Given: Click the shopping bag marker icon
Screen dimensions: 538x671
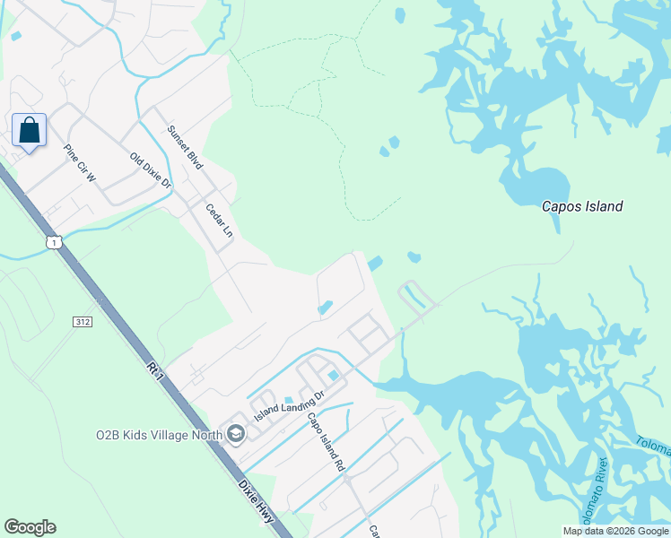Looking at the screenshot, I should tap(30, 131).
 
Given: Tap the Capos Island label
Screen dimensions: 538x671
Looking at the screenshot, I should tap(581, 206).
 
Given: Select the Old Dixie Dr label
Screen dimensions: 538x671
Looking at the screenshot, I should tap(150, 169).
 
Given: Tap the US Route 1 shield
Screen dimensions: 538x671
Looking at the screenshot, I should tap(55, 242).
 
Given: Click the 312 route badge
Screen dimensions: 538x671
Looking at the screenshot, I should tap(83, 320).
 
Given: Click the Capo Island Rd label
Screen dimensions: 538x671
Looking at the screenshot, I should tap(326, 441).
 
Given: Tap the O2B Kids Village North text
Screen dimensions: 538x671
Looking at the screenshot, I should tap(158, 436).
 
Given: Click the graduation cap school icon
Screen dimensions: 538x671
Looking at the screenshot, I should tap(235, 435).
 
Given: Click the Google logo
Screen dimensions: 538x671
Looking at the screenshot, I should tap(30, 527).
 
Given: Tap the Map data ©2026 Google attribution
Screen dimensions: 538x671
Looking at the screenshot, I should tap(614, 531).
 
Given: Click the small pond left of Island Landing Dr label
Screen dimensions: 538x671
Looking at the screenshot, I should tap(288, 400).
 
